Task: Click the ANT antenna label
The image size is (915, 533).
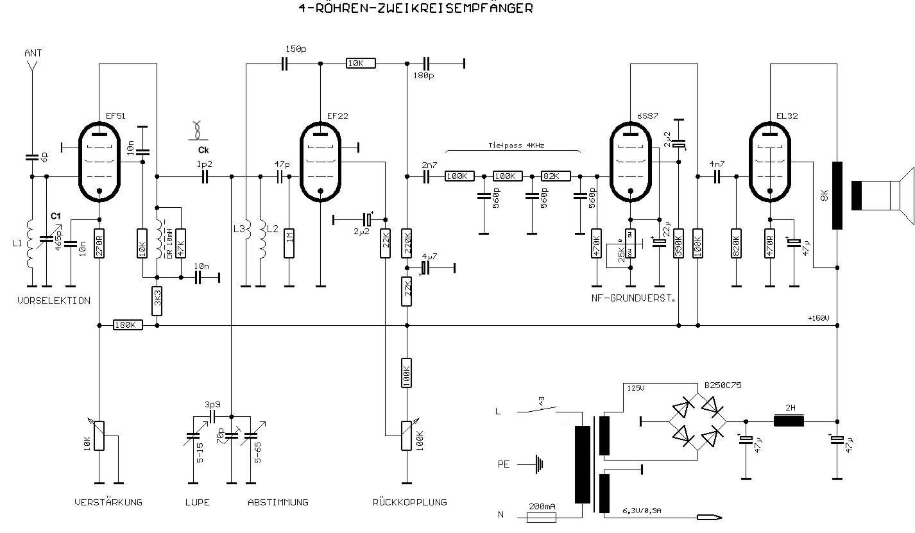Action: click(33, 53)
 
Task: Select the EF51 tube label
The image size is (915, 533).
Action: click(116, 116)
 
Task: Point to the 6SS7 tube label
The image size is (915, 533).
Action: click(647, 116)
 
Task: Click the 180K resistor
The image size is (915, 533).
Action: click(128, 325)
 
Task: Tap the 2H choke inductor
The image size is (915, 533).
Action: click(789, 421)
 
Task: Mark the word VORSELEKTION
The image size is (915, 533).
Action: click(55, 300)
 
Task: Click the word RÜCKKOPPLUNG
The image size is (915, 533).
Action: click(409, 502)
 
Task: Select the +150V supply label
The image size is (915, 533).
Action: click(819, 319)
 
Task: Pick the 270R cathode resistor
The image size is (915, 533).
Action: click(99, 244)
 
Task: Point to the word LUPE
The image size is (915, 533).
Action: click(196, 502)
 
